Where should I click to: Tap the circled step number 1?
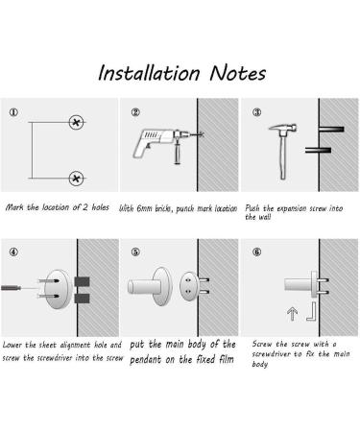[13, 111]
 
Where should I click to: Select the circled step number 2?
[136, 111]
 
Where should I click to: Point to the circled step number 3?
[256, 111]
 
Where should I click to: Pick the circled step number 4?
[13, 253]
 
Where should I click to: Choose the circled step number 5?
[135, 253]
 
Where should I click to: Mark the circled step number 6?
[257, 253]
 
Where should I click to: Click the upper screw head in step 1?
[76, 123]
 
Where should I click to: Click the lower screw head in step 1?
[76, 177]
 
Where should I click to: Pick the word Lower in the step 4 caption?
[17, 344]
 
